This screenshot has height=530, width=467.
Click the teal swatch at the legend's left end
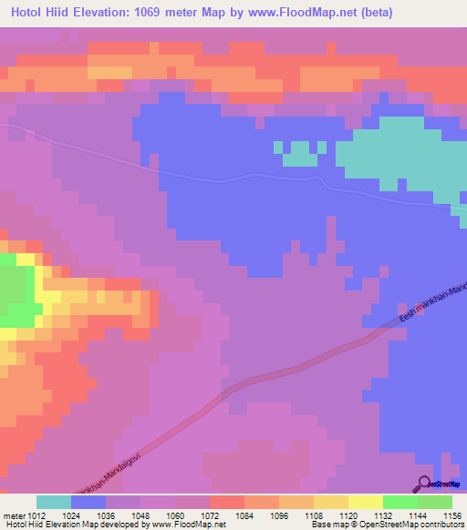pyautogui.click(x=53, y=502)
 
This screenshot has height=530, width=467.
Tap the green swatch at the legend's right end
pyautogui.click(x=435, y=502)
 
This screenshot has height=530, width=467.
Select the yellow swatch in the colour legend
pyautogui.click(x=365, y=502)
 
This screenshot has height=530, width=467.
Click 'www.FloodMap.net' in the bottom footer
pyautogui.click(x=188, y=525)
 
